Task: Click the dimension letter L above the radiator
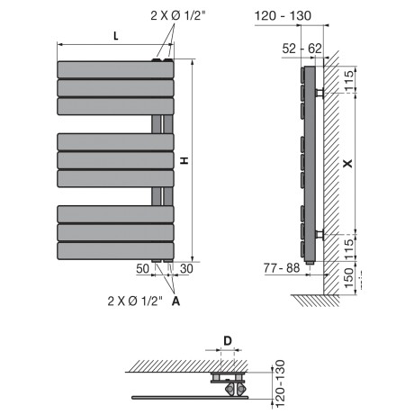click(116, 36)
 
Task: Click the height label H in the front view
click(184, 160)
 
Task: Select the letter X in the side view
click(347, 163)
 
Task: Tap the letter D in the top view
click(228, 341)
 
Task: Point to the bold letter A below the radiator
click(175, 301)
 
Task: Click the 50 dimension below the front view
click(142, 268)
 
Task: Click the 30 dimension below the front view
click(186, 268)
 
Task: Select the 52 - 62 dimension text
click(302, 49)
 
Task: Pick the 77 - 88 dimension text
click(282, 268)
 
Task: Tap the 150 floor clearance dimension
click(349, 278)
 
